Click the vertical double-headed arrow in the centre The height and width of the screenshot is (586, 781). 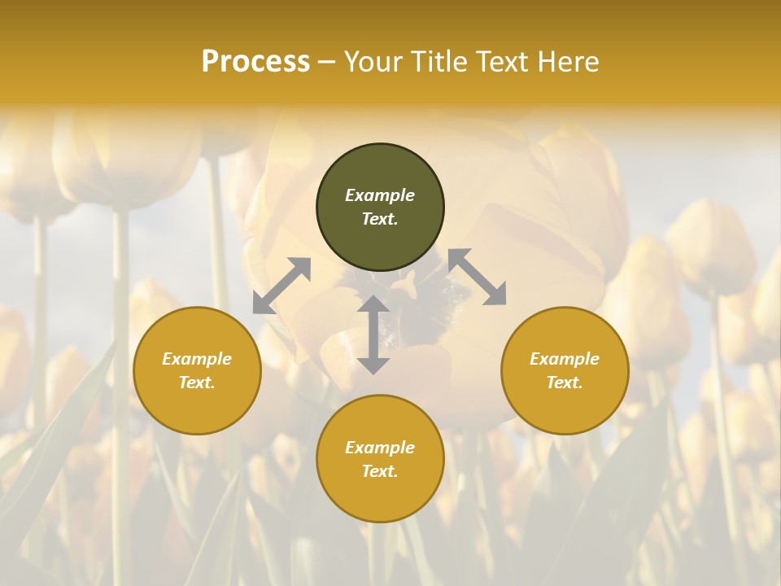(x=373, y=335)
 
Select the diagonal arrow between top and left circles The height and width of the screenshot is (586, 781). (x=281, y=286)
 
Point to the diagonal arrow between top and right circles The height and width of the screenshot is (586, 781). (x=478, y=278)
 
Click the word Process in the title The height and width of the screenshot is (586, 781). (x=255, y=61)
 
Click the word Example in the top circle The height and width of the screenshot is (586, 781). (x=380, y=195)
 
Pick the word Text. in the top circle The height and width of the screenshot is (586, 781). (x=380, y=219)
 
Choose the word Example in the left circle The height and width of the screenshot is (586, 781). (x=197, y=359)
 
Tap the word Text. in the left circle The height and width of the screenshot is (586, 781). (x=197, y=383)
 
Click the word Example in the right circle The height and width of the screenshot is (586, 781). (x=565, y=359)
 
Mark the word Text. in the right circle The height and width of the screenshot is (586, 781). (x=565, y=383)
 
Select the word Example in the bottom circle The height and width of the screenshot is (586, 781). (x=380, y=448)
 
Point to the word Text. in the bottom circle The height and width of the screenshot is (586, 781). (x=380, y=471)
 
